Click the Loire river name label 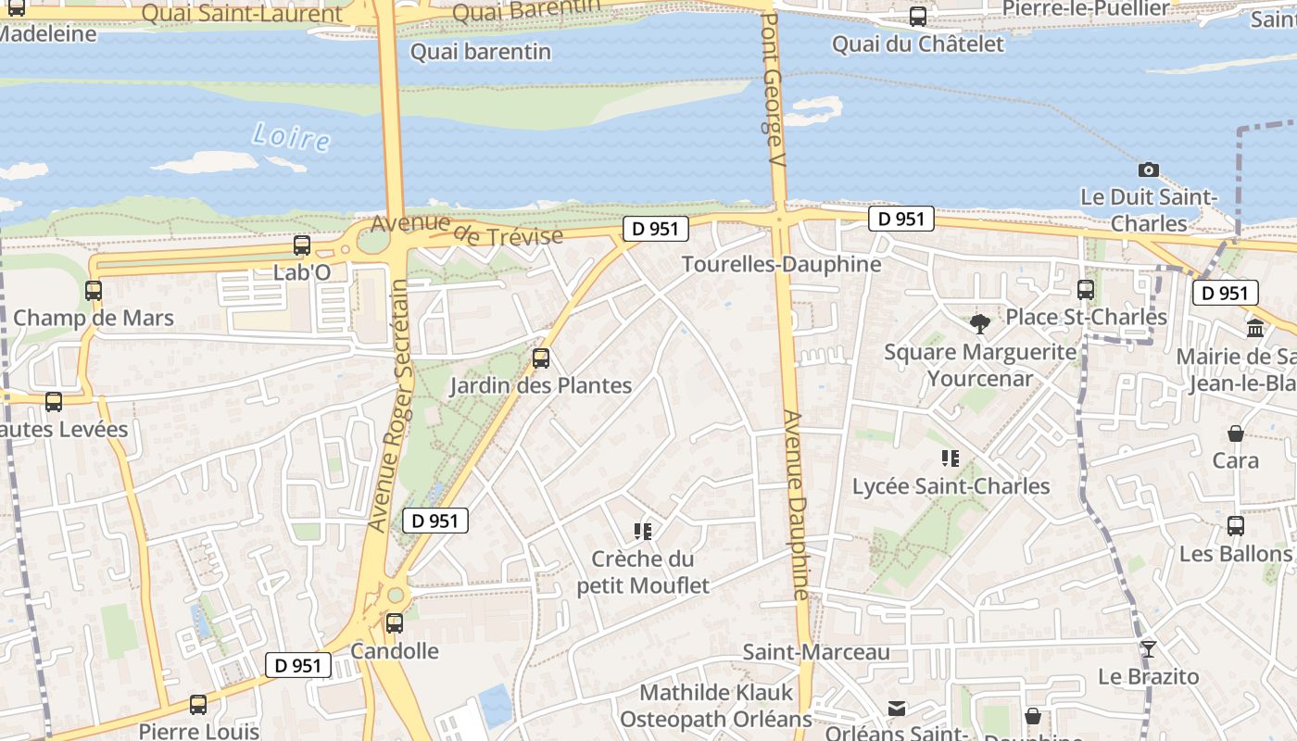(x=291, y=137)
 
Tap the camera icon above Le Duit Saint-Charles (x=1149, y=170)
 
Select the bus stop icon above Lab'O (x=302, y=245)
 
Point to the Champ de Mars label (x=94, y=318)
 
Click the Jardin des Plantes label (x=541, y=385)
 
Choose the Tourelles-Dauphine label (x=781, y=264)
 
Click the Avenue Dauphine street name (x=797, y=505)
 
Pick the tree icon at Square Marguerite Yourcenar (x=980, y=323)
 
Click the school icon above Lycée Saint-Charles (x=951, y=458)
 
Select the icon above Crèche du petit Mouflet (x=643, y=531)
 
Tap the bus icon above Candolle (x=395, y=623)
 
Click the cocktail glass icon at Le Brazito (x=1149, y=648)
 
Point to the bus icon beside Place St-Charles (x=1086, y=290)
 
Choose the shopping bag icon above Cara (x=1236, y=433)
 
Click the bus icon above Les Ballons (x=1236, y=526)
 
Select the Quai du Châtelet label (x=917, y=44)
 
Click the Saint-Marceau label (x=816, y=652)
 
